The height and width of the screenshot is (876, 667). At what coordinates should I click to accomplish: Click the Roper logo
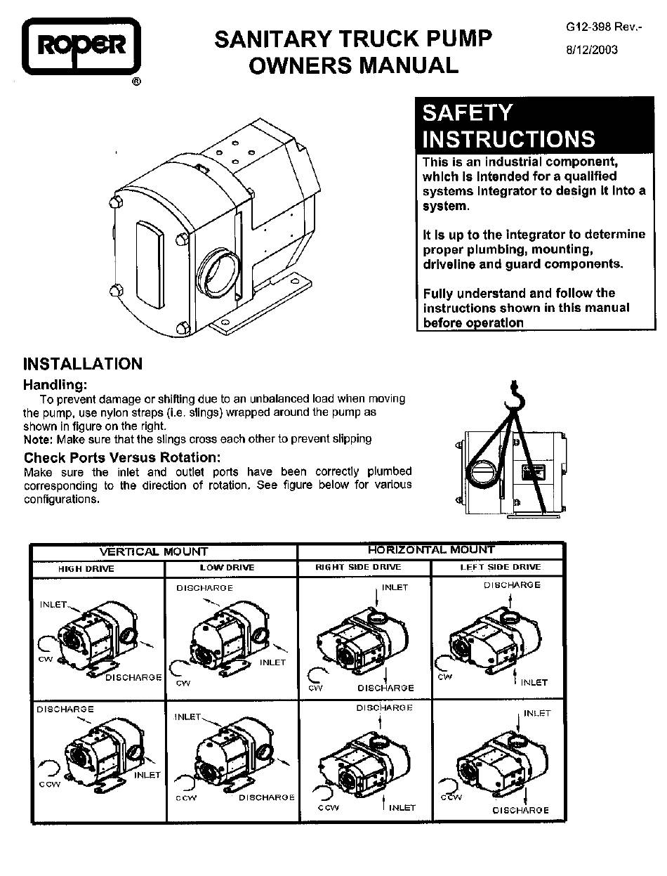81,46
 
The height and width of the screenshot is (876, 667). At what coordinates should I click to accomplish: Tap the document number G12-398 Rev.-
604,27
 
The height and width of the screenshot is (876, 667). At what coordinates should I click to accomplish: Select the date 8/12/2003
592,50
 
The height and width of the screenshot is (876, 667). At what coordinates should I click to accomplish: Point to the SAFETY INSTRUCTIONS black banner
534,125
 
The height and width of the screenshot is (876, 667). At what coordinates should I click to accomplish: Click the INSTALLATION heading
83,364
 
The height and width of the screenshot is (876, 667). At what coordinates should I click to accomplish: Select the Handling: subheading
55,385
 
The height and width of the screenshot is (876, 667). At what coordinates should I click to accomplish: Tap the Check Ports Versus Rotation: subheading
122,457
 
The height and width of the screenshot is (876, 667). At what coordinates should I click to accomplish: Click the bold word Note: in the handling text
39,439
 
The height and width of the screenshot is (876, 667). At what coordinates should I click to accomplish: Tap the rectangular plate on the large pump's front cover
150,264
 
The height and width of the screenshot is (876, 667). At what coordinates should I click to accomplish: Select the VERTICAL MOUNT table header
154,551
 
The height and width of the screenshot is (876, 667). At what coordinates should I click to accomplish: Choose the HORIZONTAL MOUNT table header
431,549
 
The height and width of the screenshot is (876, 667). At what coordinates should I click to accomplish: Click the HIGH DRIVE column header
86,569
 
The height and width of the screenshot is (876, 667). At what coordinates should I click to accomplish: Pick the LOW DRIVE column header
227,568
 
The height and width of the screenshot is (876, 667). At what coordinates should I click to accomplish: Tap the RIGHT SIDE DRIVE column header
358,567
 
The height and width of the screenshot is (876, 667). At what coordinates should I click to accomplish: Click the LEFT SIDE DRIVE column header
501,567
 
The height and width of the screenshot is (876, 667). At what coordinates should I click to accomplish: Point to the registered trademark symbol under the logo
136,81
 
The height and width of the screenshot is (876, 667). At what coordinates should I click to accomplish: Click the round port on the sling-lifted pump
482,473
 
